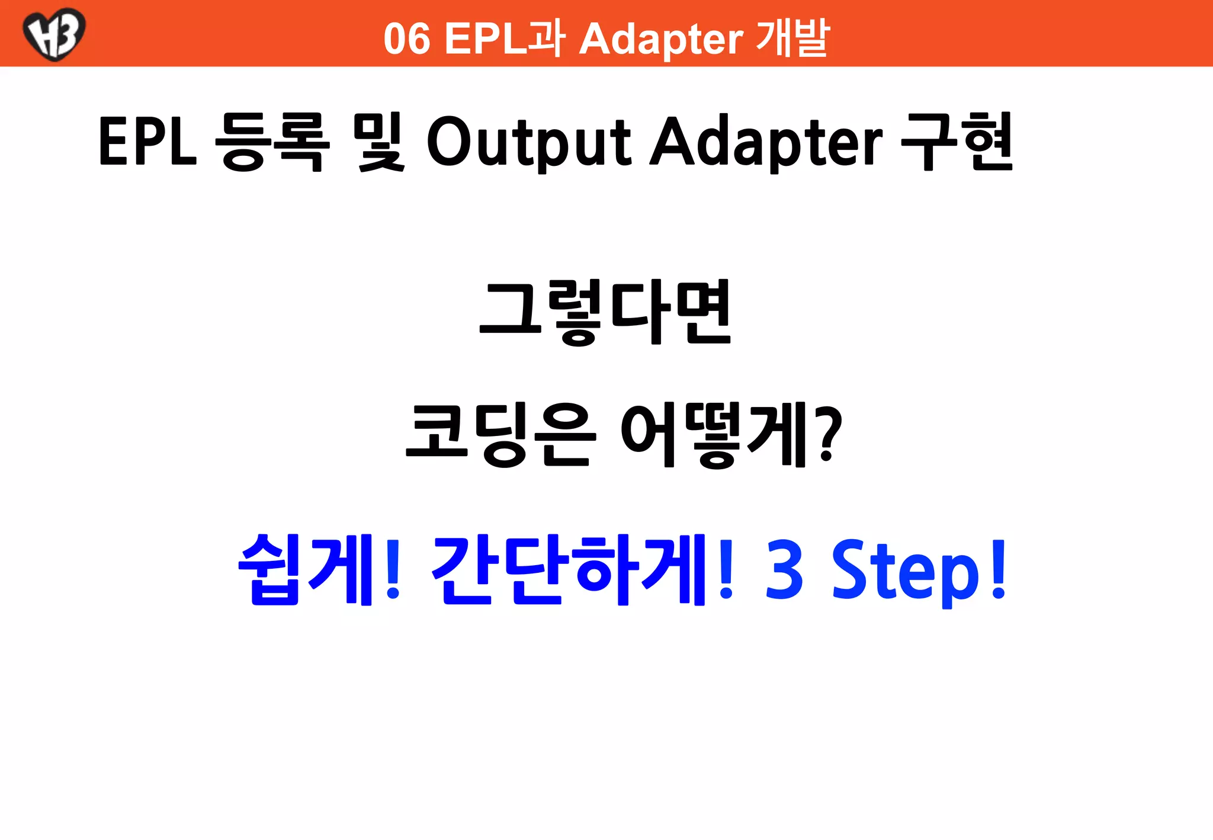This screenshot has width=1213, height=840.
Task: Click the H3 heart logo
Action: [x=54, y=34]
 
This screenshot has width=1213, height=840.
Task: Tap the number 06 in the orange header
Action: [x=406, y=39]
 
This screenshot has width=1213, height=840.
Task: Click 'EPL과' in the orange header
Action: [x=504, y=39]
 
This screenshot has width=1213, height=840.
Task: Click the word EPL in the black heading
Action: [x=147, y=142]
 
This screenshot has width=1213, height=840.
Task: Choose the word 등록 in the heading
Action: [x=271, y=142]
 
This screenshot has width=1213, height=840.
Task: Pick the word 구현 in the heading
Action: [x=956, y=142]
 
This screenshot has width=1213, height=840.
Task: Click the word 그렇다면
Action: [x=606, y=312]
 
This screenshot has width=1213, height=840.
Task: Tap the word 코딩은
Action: [x=499, y=434]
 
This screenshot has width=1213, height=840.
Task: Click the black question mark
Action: [x=827, y=434]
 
